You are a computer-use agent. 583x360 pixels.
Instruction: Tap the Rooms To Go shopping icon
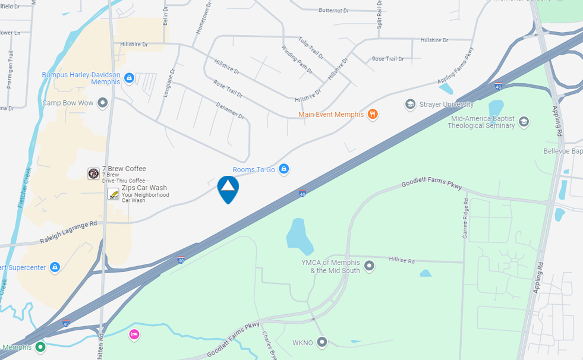(284, 169)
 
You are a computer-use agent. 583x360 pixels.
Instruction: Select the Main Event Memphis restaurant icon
(373, 114)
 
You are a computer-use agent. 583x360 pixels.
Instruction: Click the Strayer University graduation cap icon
(410, 105)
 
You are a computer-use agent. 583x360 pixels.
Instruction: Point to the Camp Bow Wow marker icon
(103, 103)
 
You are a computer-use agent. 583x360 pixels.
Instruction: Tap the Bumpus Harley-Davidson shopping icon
(130, 78)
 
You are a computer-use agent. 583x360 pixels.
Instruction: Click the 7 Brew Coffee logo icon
(93, 173)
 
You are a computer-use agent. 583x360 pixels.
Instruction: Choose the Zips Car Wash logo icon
(113, 194)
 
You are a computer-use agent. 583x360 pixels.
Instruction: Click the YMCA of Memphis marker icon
(369, 265)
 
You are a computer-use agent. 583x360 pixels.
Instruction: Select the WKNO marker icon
(322, 342)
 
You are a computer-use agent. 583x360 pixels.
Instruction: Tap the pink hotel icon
(134, 335)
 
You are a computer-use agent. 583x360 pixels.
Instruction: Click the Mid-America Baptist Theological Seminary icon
(524, 122)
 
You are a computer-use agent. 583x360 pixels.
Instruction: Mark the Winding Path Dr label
(297, 59)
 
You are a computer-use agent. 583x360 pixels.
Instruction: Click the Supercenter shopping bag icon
(55, 267)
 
